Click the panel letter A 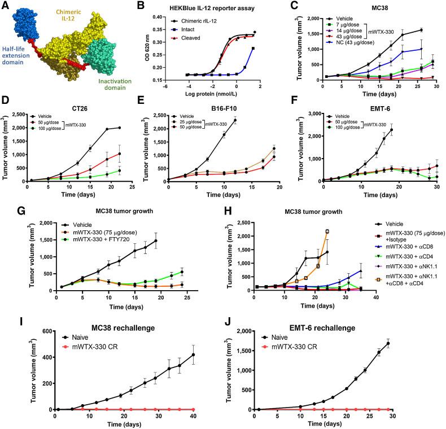coord(5,5)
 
